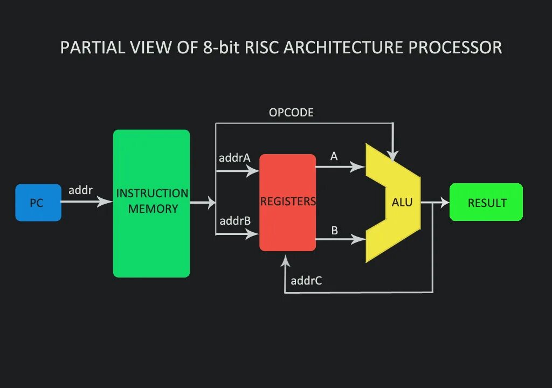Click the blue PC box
point(38,203)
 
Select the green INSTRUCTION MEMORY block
point(151,204)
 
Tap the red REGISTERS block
point(287,203)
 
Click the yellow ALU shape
point(399,203)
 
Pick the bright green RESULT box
point(486,203)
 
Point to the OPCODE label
point(291,113)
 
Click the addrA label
point(234,158)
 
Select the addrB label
point(234,221)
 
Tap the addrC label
point(306,280)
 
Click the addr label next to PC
point(80,190)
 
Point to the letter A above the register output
point(334,156)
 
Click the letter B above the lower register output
point(334,231)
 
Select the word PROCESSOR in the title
point(455,47)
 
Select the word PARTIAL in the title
point(93,47)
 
